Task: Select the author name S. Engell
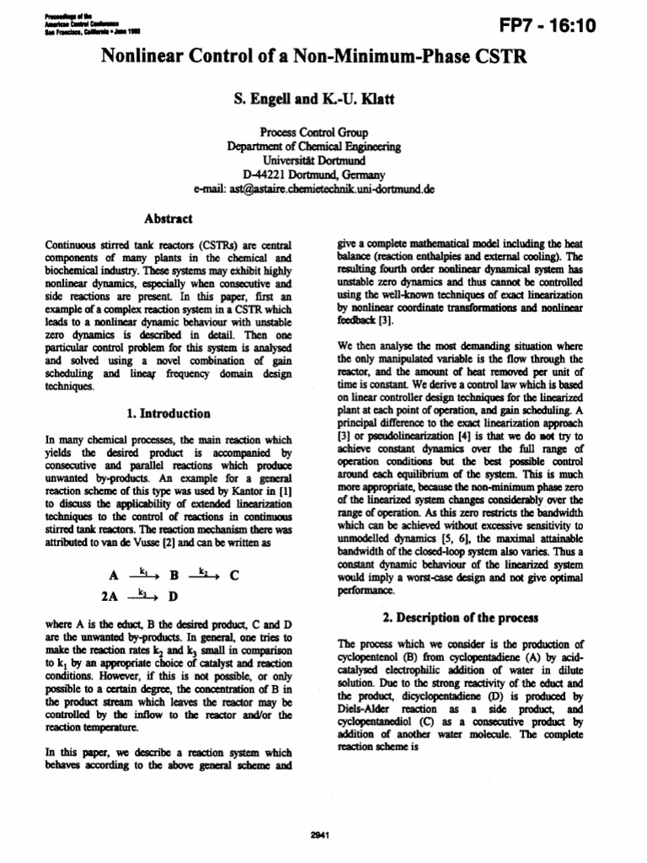264,99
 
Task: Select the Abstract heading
168,217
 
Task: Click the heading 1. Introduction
168,413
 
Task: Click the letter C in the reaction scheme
235,577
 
